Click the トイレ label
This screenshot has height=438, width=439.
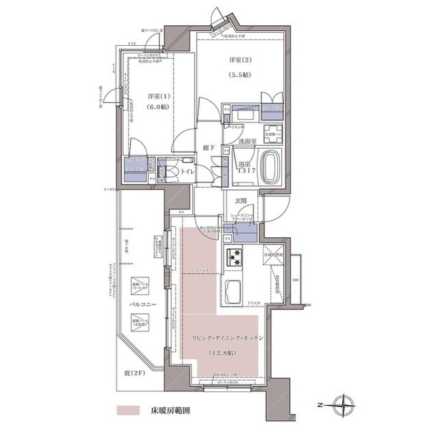(187, 169)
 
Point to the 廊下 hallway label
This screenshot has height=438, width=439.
(209, 148)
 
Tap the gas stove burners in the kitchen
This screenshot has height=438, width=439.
(234, 256)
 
